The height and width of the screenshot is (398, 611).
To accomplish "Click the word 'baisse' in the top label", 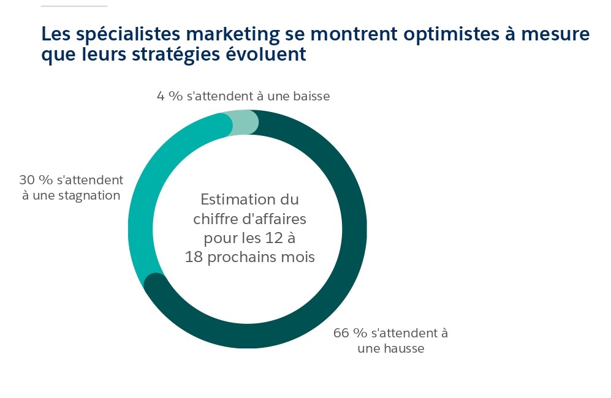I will pyautogui.click(x=311, y=96).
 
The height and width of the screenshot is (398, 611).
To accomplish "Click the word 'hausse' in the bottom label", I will pyautogui.click(x=404, y=349).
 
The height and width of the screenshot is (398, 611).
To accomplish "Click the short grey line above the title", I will pyautogui.click(x=74, y=6).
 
